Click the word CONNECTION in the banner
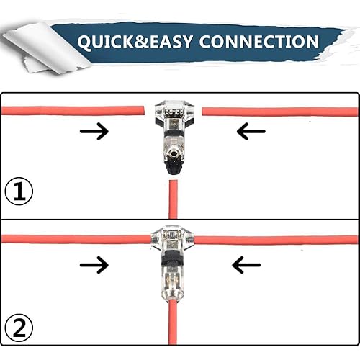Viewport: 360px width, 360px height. [x=259, y=42]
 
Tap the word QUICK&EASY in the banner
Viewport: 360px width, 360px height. [x=135, y=42]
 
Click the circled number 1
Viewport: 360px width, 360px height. [x=19, y=191]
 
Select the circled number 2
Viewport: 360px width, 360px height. [x=19, y=328]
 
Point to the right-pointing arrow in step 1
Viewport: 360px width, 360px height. [x=94, y=131]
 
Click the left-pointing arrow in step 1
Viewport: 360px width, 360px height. [x=251, y=131]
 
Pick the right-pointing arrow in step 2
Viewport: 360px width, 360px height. [x=94, y=265]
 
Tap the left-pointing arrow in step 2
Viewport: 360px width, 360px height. [x=246, y=265]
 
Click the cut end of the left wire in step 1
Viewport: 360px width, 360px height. [x=143, y=111]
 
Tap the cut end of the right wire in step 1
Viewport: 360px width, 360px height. [x=203, y=112]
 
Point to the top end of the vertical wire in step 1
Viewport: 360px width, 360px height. [x=174, y=181]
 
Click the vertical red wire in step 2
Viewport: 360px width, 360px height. [x=173, y=322]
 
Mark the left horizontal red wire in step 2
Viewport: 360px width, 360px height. [x=77, y=239]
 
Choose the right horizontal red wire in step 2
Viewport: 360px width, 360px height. [x=276, y=240]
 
